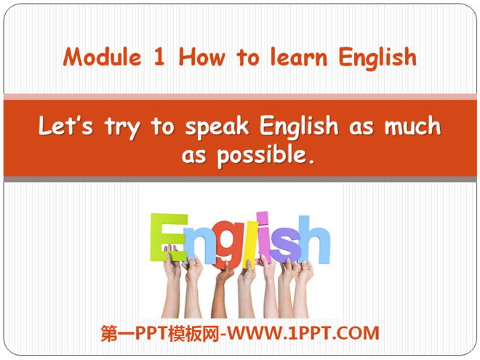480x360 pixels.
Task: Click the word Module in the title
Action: [103, 57]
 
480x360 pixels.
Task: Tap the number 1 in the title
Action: [159, 57]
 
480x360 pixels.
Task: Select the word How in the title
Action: [202, 57]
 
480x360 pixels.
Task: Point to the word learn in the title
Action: [299, 57]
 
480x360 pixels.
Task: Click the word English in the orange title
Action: [377, 59]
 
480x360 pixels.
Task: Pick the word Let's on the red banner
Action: [65, 126]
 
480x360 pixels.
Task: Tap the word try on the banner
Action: [122, 128]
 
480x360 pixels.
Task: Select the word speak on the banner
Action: [217, 127]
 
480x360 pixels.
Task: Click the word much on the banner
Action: [412, 126]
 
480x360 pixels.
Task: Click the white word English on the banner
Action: [299, 127]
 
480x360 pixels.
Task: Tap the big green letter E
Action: [169, 237]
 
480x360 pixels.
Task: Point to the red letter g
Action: [226, 245]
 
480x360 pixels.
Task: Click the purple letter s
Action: [285, 246]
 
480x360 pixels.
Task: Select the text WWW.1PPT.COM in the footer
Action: [303, 333]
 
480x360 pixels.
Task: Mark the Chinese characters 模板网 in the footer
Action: [190, 333]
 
